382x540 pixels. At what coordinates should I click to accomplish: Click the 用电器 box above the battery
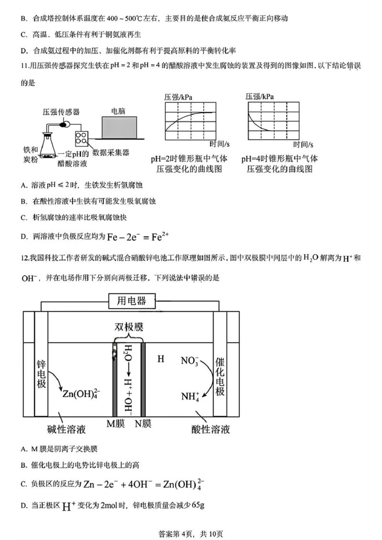point(125,301)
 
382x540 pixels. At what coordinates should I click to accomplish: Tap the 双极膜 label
point(128,327)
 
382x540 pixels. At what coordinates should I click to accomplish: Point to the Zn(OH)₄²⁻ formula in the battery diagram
point(81,393)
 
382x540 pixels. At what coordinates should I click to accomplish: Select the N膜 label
point(143,423)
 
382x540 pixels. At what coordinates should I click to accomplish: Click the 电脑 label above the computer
point(118,111)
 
